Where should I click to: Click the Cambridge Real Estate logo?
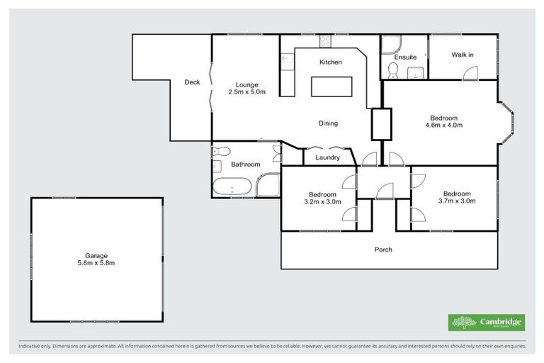[x=487, y=323]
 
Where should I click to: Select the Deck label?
[x=192, y=82]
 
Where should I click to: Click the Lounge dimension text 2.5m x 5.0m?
[x=246, y=92]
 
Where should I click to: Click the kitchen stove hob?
[x=324, y=41]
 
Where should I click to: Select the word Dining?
[x=328, y=123]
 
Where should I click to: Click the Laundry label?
[x=327, y=157]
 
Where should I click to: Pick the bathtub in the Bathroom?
[x=232, y=189]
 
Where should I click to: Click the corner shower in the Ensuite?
[x=391, y=45]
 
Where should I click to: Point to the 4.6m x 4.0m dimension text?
[x=443, y=125]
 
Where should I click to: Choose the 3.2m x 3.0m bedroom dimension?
[x=322, y=201]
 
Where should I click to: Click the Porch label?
[x=383, y=250]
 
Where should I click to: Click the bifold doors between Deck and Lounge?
[x=210, y=85]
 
